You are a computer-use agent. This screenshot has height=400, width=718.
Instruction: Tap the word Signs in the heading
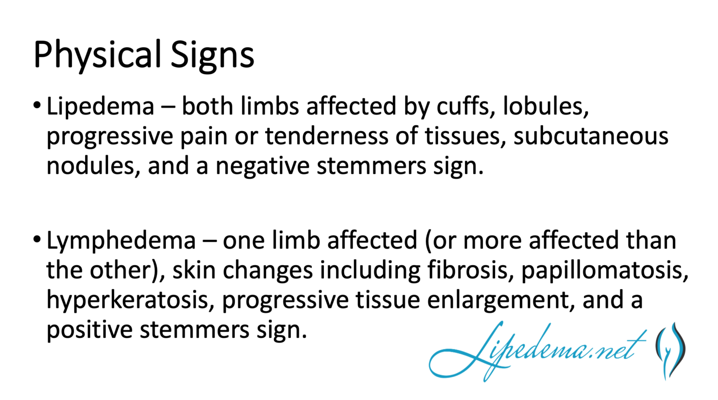(x=212, y=55)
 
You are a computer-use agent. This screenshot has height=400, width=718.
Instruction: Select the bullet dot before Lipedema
(x=37, y=105)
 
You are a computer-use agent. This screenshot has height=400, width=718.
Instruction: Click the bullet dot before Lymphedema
(x=37, y=240)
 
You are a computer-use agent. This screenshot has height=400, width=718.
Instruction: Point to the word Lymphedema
(x=121, y=240)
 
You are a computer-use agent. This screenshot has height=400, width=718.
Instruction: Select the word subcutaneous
(x=591, y=136)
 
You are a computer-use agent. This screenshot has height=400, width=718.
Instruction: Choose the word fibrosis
(x=470, y=270)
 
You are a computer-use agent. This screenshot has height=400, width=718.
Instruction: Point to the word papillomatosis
(x=605, y=270)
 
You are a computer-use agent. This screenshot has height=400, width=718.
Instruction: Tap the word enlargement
(x=501, y=300)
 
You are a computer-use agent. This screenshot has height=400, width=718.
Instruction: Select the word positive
(x=89, y=330)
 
